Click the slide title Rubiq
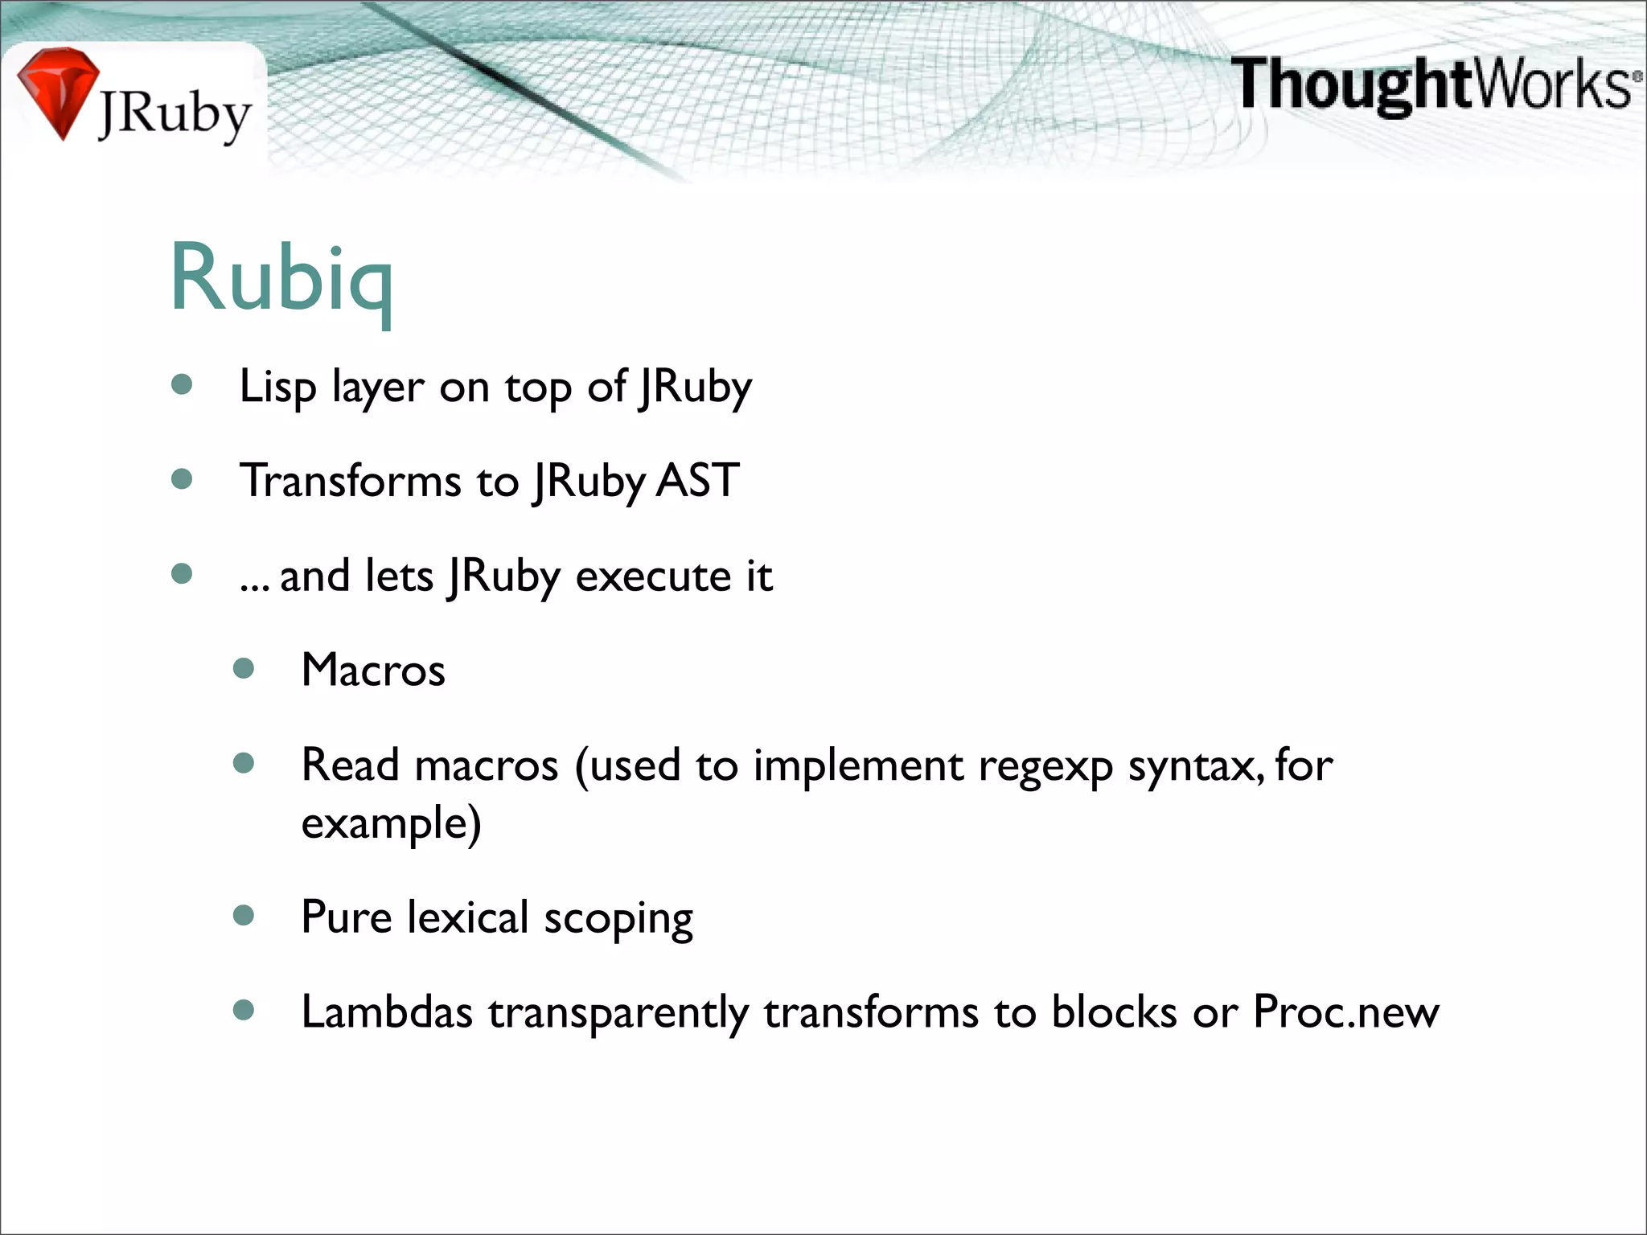pos(281,277)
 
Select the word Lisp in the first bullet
pos(277,388)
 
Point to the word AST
pos(697,481)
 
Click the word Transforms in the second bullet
pos(351,481)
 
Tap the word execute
pos(652,576)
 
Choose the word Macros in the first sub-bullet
pos(373,670)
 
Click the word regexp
pos(1045,766)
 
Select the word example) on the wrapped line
pos(391,823)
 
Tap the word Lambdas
pos(387,1011)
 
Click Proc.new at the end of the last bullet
pos(1345,1011)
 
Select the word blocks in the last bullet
pos(1114,1011)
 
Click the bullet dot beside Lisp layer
pos(183,385)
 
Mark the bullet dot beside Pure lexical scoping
pos(244,915)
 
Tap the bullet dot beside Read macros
pos(244,762)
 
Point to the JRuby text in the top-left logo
pos(175,115)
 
